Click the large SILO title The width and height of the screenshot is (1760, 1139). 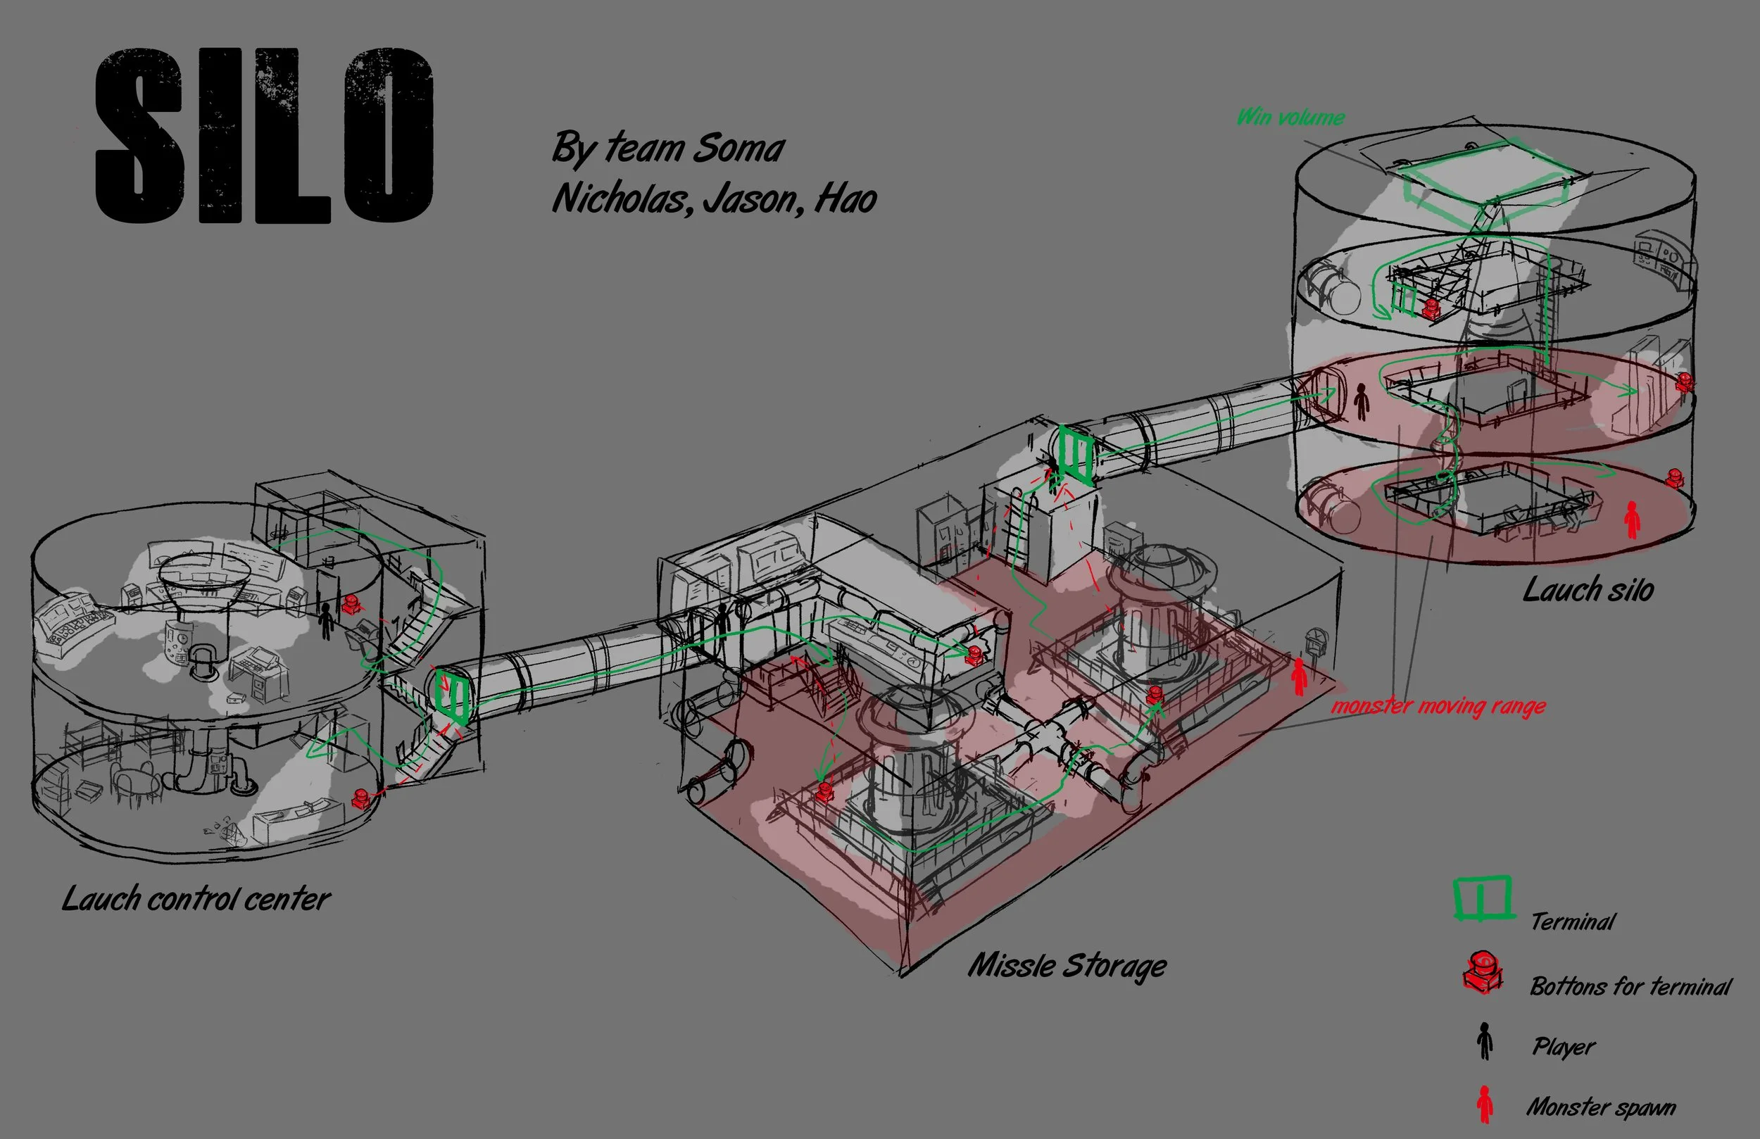pyautogui.click(x=264, y=135)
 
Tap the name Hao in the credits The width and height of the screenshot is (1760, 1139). pyautogui.click(x=846, y=199)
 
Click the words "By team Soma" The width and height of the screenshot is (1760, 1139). pyautogui.click(x=668, y=147)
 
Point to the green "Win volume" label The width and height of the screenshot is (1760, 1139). pyautogui.click(x=1290, y=117)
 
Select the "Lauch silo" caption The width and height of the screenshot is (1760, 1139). pyautogui.click(x=1588, y=589)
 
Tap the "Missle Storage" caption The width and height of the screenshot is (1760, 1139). pyautogui.click(x=1067, y=965)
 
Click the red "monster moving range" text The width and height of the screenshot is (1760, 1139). pyautogui.click(x=1438, y=705)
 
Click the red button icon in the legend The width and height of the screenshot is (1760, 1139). pyautogui.click(x=1482, y=972)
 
